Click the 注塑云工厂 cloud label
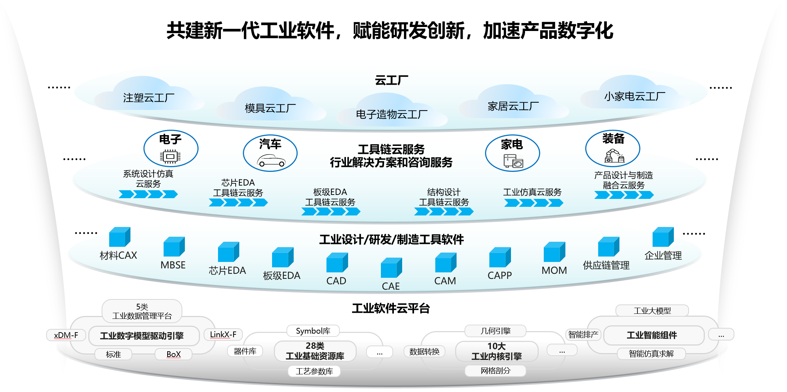point(148,98)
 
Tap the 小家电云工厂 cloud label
point(635,97)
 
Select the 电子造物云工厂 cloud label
point(391,115)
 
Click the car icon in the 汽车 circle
point(271,160)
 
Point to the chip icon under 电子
point(170,157)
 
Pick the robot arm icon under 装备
point(614,156)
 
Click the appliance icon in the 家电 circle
point(513,161)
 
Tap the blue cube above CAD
point(337,262)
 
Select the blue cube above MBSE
point(174,246)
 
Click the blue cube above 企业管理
point(662,237)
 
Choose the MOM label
point(554,271)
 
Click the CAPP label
point(499,276)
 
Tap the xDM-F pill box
point(66,335)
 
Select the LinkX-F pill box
point(223,335)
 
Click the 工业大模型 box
point(652,311)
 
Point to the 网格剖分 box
point(495,371)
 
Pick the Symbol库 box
point(313,331)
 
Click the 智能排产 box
point(583,335)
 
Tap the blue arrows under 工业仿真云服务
point(533,203)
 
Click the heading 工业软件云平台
point(391,308)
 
